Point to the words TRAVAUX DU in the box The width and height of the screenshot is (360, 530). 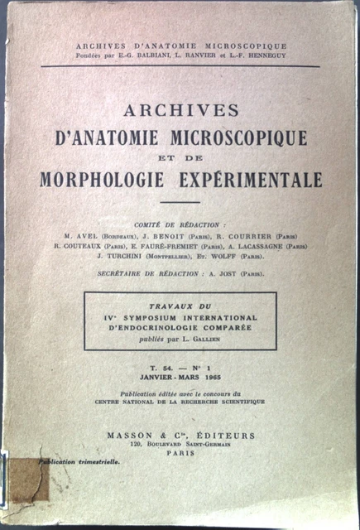pos(180,306)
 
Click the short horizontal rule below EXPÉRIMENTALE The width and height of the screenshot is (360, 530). pos(180,201)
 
